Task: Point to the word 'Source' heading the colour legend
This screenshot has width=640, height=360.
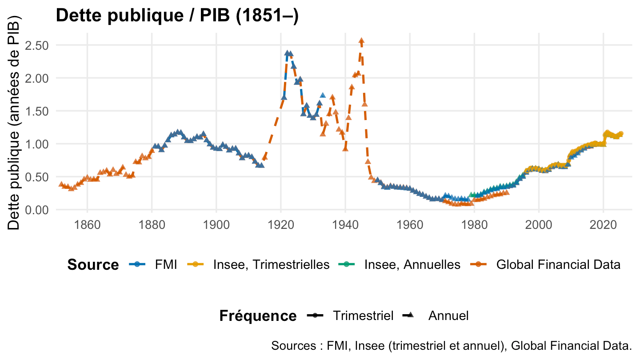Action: click(x=93, y=265)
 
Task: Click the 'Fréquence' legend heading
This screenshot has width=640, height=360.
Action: click(x=258, y=316)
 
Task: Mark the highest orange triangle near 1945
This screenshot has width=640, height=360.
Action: click(x=361, y=41)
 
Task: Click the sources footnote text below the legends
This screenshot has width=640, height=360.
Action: click(x=451, y=346)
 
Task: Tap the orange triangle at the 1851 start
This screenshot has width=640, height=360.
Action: click(x=61, y=184)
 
